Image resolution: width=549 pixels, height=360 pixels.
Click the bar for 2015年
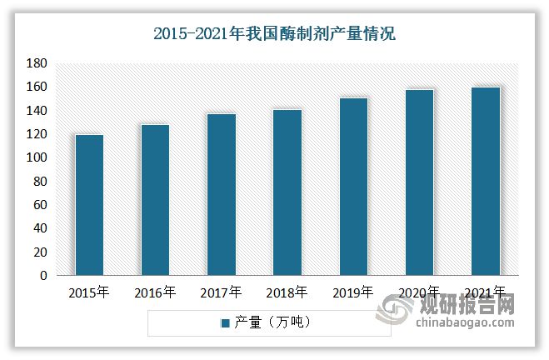coord(89,205)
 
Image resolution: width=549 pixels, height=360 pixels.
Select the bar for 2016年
coord(155,200)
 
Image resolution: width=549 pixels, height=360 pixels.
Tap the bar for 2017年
coord(221,195)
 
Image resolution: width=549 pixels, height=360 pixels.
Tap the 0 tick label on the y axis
coord(42,276)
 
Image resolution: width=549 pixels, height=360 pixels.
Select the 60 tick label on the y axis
coord(39,205)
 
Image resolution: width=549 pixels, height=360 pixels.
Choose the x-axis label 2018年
coord(287,292)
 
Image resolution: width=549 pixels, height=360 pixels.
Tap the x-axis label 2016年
coord(155,292)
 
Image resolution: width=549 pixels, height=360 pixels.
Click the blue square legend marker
coord(225,322)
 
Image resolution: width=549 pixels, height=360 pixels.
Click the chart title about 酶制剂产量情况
coord(275,34)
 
